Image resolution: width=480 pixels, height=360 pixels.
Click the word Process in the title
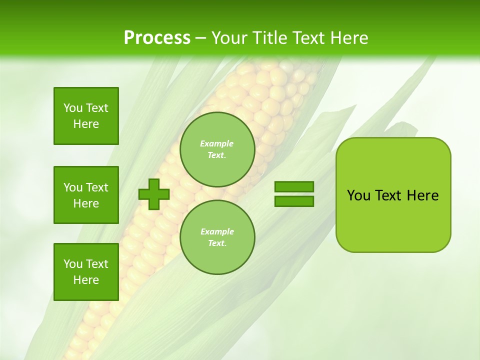tap(157, 37)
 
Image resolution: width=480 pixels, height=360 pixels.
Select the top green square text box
tap(86, 116)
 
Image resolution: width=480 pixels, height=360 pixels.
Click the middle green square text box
tap(86, 195)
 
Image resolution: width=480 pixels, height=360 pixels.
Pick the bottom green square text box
tap(86, 272)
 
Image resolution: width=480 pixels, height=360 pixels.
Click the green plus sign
tap(154, 194)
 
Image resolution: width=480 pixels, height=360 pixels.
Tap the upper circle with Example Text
tap(217, 149)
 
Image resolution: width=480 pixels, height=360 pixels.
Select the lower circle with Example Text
tap(217, 237)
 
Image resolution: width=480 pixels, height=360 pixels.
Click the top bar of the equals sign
tap(294, 187)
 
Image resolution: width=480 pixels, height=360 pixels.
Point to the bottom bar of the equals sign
tap(294, 201)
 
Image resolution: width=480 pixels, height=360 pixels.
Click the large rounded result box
tap(393, 220)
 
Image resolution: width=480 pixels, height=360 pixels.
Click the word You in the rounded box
tap(359, 195)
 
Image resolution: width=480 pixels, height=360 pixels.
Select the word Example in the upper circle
tap(217, 143)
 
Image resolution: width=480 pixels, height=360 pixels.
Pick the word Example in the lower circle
tap(217, 231)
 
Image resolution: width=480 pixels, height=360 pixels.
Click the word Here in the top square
tap(86, 124)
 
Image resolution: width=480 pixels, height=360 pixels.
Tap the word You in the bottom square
tap(73, 264)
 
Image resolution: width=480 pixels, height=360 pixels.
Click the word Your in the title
tap(229, 37)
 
